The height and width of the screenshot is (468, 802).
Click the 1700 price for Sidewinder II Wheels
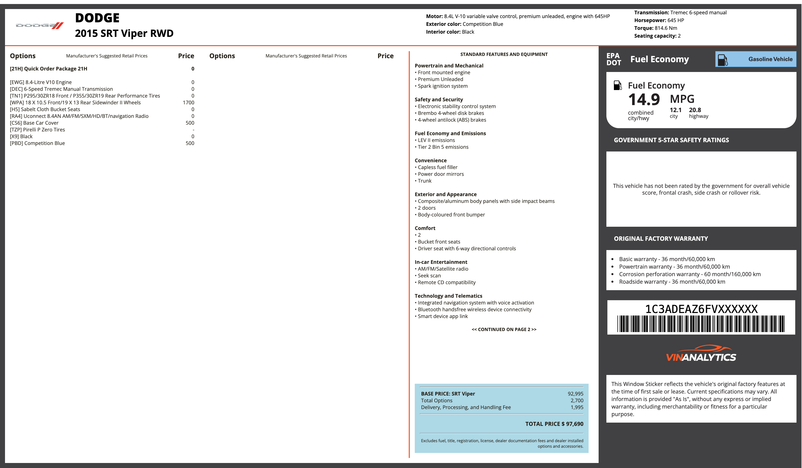pyautogui.click(x=188, y=103)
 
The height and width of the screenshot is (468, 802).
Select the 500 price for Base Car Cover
pyautogui.click(x=190, y=123)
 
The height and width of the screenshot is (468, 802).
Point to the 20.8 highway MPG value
pyautogui.click(x=695, y=110)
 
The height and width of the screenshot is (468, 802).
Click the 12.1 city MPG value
pyautogui.click(x=676, y=110)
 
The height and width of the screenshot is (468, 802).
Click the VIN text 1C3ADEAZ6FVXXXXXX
pyautogui.click(x=701, y=309)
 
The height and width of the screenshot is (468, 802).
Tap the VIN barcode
pyautogui.click(x=701, y=324)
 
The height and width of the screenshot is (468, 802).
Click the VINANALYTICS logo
pyautogui.click(x=701, y=353)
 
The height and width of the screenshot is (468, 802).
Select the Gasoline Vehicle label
pyautogui.click(x=770, y=59)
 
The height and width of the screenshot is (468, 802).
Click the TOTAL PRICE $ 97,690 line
pyautogui.click(x=554, y=424)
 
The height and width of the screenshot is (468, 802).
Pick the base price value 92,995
pyautogui.click(x=575, y=394)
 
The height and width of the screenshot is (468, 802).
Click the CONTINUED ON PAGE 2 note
pyautogui.click(x=504, y=329)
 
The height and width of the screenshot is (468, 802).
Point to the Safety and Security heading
pyautogui.click(x=439, y=100)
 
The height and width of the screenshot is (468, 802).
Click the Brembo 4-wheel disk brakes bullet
pyautogui.click(x=449, y=113)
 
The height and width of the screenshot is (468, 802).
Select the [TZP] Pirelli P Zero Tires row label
pyautogui.click(x=37, y=130)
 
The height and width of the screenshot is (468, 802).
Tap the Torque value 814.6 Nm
pyautogui.click(x=666, y=28)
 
